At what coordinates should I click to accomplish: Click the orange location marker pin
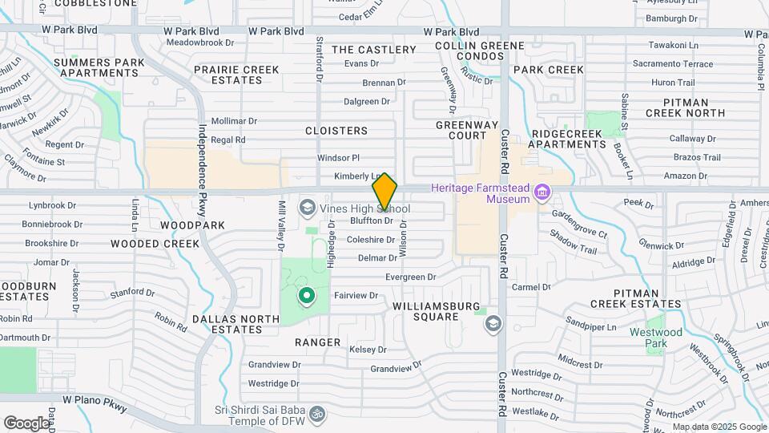[384, 191]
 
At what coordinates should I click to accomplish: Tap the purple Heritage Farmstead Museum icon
[542, 192]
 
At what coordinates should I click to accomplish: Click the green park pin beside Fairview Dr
[306, 297]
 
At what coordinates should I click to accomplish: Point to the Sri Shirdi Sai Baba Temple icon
[317, 415]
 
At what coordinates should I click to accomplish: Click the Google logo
[26, 423]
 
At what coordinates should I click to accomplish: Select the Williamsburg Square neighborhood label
[436, 311]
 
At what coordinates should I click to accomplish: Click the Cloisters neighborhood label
[336, 130]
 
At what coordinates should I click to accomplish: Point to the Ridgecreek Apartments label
[569, 139]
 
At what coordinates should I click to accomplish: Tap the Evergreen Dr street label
[409, 277]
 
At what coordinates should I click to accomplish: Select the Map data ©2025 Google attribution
[719, 427]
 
